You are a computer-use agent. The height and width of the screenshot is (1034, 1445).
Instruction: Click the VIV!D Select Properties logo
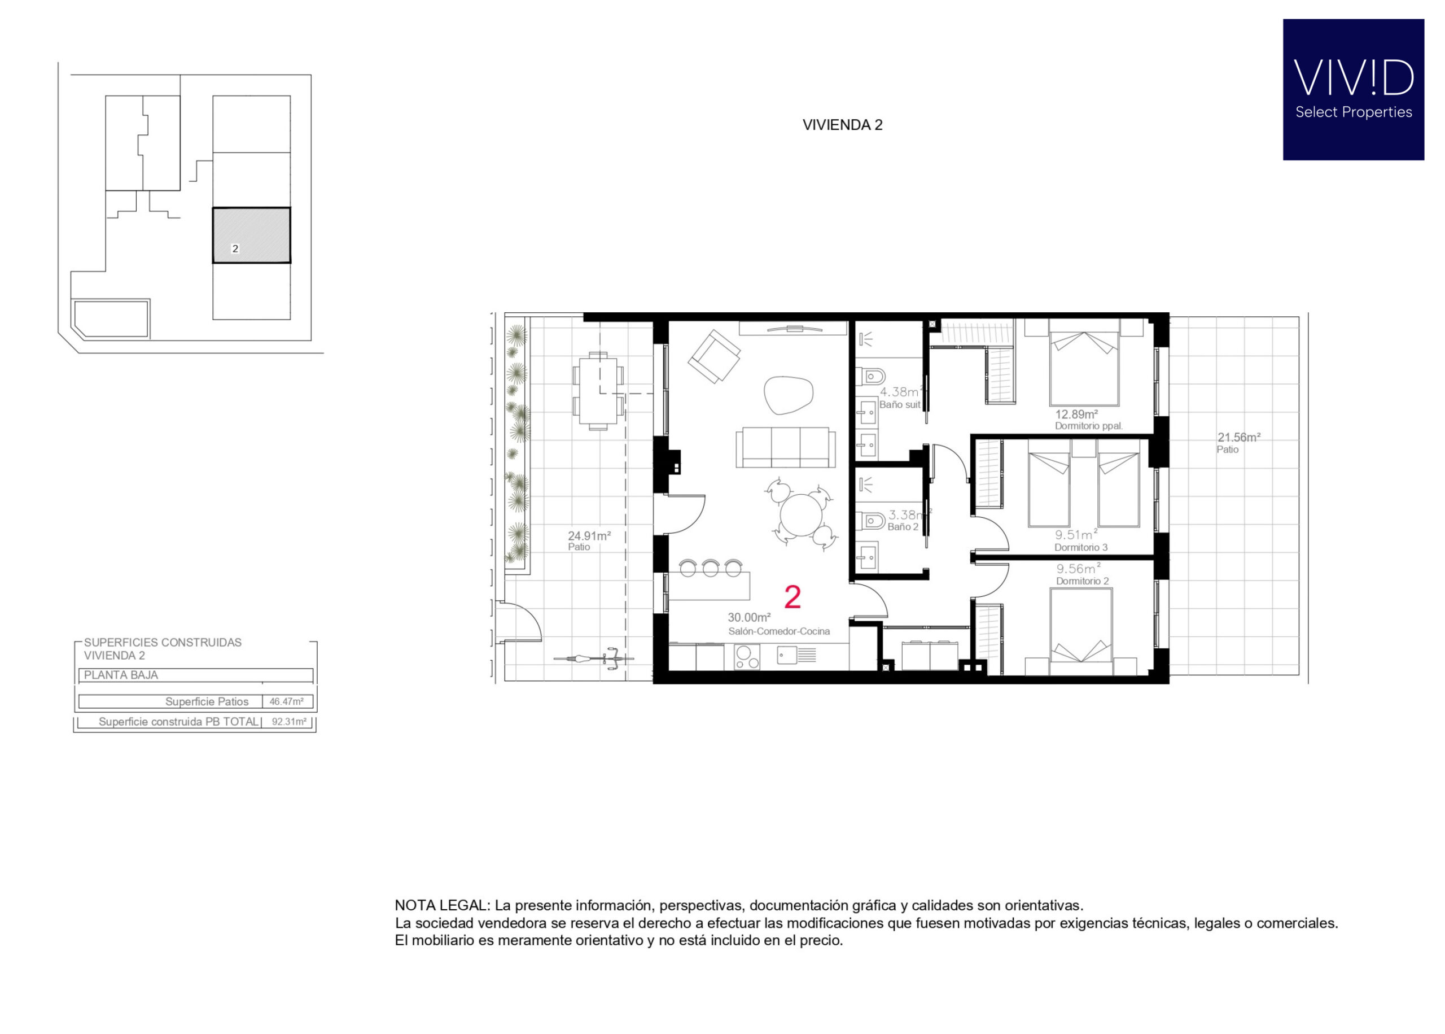[x=1353, y=89]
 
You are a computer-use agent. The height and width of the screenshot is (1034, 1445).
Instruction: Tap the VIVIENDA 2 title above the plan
[x=842, y=125]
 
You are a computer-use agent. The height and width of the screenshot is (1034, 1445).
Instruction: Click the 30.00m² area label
[x=749, y=617]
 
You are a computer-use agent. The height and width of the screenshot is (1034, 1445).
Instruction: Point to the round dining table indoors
[x=802, y=514]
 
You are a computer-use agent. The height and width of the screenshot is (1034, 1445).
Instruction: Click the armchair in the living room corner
[x=714, y=356]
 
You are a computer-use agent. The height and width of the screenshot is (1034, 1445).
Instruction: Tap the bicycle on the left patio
[x=593, y=658]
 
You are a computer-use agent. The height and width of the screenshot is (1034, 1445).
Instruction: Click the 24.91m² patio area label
[x=589, y=535]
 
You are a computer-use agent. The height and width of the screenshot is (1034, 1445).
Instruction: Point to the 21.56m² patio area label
[x=1238, y=437]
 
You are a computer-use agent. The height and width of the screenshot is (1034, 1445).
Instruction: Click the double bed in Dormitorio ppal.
[x=1084, y=363]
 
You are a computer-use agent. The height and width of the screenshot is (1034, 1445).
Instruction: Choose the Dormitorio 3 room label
[x=1080, y=547]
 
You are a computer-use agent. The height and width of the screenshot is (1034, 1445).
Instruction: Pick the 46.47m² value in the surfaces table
[x=286, y=701]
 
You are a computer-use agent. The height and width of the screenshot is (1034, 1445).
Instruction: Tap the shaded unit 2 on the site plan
[x=251, y=235]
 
